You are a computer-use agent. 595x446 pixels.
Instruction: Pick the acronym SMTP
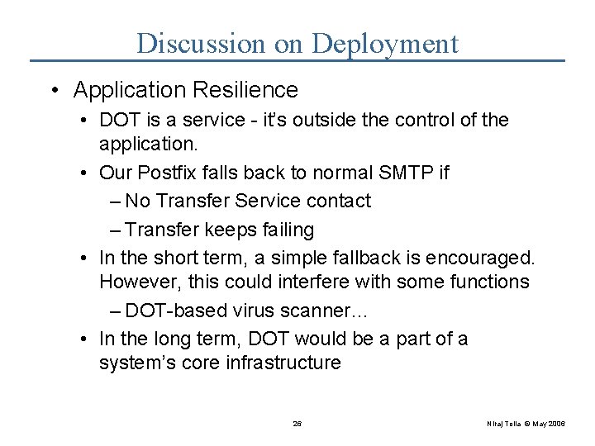pyautogui.click(x=401, y=173)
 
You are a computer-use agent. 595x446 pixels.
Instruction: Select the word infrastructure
pyautogui.click(x=283, y=363)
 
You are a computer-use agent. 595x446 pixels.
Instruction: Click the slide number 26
pyautogui.click(x=297, y=424)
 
